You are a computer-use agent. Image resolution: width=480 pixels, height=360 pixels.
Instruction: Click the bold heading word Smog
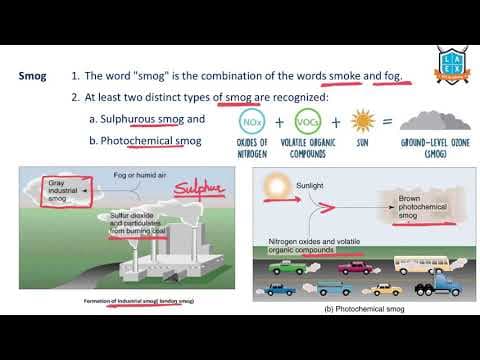click(35, 76)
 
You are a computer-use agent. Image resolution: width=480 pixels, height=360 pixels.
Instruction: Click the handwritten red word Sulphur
click(198, 188)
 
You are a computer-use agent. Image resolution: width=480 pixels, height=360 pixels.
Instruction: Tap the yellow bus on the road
click(419, 265)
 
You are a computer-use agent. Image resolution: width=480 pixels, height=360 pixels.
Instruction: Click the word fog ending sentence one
click(385, 76)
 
